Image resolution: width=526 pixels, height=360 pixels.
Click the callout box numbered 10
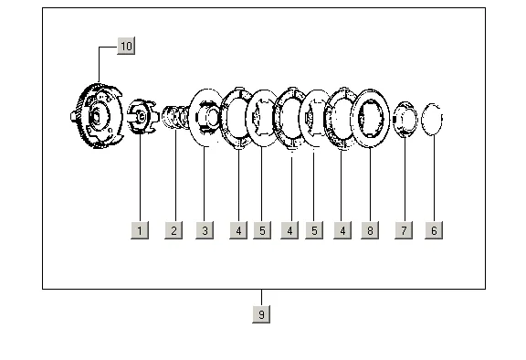[126, 46]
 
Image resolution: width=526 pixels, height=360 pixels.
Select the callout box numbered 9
[261, 314]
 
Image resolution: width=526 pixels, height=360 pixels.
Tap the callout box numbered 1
[140, 230]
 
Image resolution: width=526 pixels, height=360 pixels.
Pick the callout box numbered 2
[174, 230]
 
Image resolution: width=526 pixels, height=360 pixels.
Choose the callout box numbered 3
[205, 230]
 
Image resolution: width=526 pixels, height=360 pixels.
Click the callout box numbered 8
[370, 230]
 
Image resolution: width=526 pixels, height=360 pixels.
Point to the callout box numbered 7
[404, 230]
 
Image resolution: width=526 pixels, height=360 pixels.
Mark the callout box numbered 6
[434, 230]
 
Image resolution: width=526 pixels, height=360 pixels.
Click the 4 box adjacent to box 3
[238, 230]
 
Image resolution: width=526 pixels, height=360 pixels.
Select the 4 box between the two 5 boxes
[289, 230]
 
